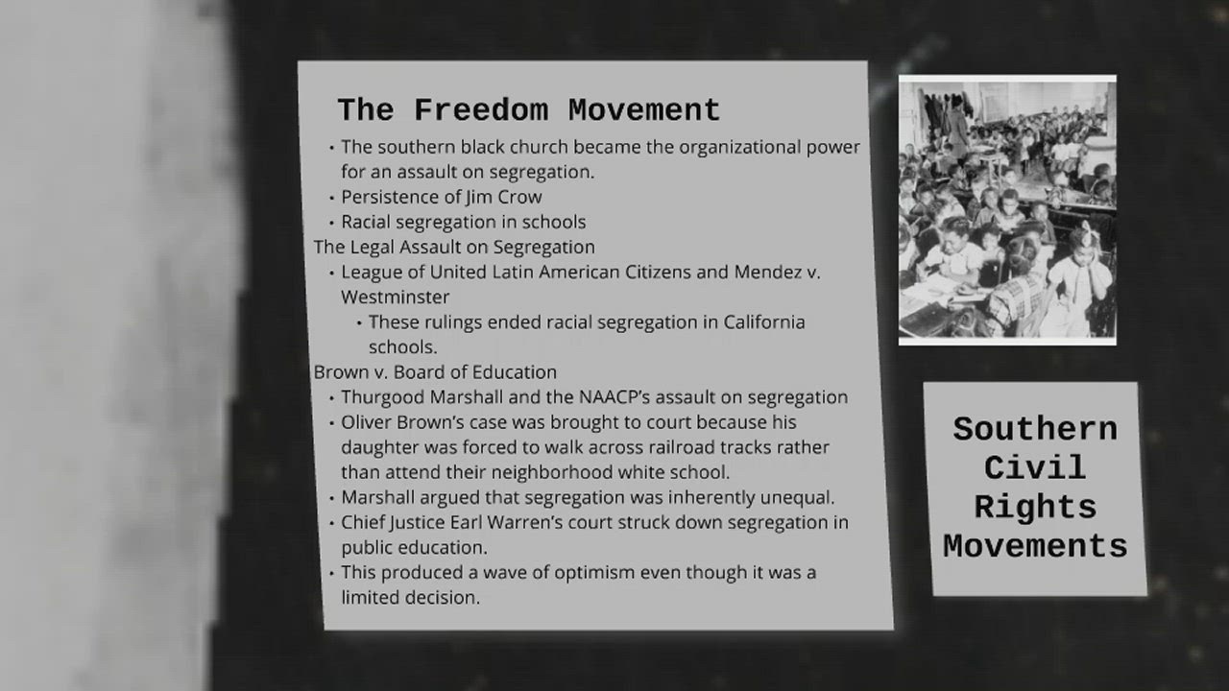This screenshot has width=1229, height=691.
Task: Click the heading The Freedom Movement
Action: point(528,110)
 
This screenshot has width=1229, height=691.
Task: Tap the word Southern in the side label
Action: point(1035,429)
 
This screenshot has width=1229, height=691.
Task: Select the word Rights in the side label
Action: point(1035,507)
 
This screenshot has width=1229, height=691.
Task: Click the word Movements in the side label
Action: point(1035,546)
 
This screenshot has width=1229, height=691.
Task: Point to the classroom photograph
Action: point(1007,209)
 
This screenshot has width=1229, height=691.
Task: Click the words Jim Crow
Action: point(504,198)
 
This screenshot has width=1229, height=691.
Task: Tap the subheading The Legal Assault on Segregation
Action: point(454,247)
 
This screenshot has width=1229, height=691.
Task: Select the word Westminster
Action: point(395,297)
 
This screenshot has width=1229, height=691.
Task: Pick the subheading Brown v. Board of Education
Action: point(435,371)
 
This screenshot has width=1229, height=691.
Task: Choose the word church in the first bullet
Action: point(541,147)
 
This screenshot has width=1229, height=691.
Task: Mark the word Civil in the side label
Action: point(1035,468)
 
